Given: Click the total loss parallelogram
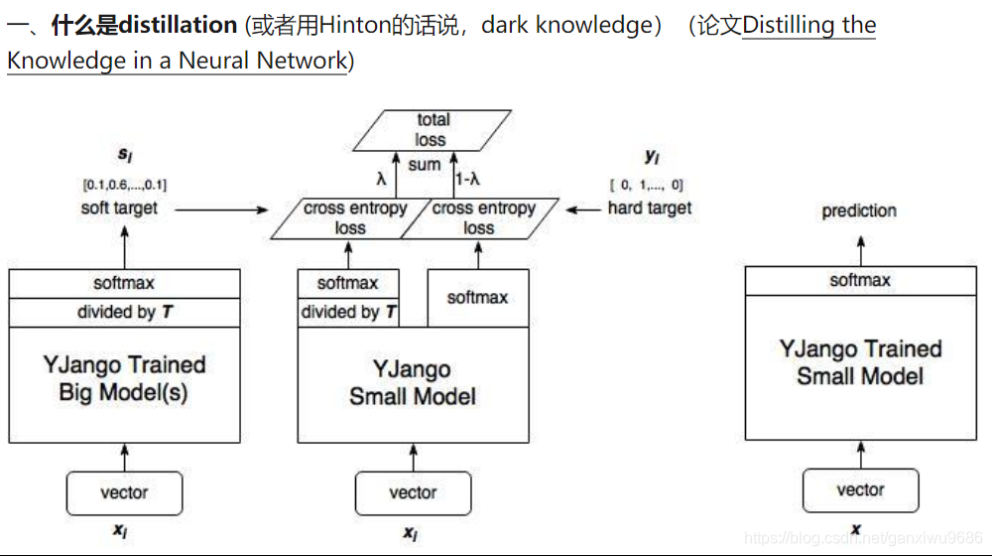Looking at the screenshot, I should click(432, 130).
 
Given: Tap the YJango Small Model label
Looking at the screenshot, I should click(413, 383).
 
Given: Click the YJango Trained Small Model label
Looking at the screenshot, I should click(860, 362).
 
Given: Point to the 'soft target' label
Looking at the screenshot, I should click(119, 208).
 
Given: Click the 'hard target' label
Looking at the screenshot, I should click(650, 208).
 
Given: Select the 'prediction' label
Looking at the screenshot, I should click(859, 211).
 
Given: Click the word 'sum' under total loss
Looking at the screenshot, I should click(424, 165).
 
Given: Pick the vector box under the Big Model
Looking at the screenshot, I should click(124, 492).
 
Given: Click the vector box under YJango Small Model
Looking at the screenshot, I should click(413, 492).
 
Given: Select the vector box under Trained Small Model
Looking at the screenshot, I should click(860, 490).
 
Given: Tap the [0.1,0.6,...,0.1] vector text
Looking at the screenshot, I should click(124, 185).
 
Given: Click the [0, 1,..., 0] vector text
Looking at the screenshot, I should click(646, 185).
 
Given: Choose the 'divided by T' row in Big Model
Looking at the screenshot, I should click(124, 312).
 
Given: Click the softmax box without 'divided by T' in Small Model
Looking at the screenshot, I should click(477, 298).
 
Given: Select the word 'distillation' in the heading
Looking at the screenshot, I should click(178, 25).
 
